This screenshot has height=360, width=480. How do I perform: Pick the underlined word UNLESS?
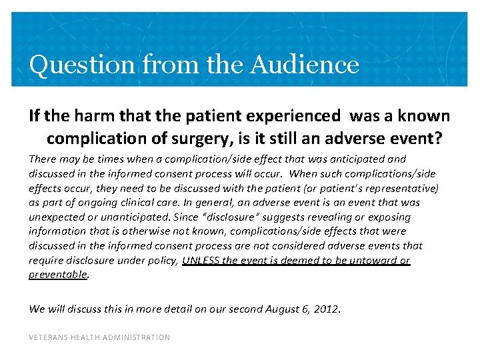click(x=201, y=260)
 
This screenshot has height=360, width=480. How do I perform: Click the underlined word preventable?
click(x=58, y=275)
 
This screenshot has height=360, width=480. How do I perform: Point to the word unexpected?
click(x=55, y=217)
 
